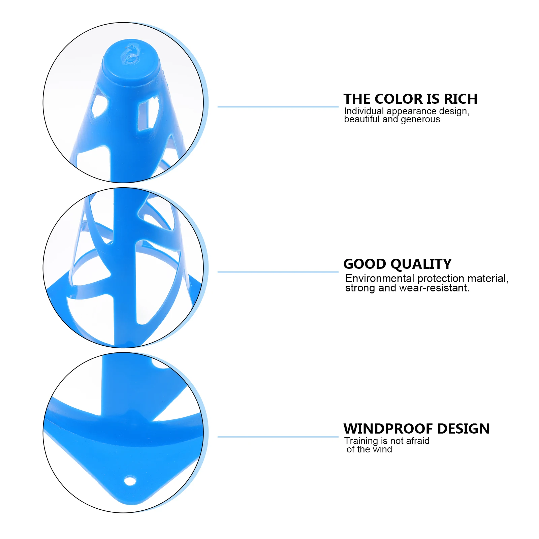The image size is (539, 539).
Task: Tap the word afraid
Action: [x=418, y=441]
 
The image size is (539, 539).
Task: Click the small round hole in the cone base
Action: [x=130, y=481]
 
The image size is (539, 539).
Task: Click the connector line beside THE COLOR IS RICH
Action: [x=278, y=107]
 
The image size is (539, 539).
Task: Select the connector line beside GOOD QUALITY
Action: [x=278, y=272]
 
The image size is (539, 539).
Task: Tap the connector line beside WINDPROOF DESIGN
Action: [x=278, y=437]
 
